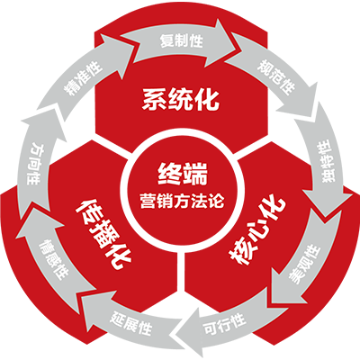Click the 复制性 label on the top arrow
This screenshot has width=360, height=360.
coord(182,40)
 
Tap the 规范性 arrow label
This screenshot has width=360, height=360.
coord(276,76)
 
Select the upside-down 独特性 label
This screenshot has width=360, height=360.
coord(326,161)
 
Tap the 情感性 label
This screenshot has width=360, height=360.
coord(53,260)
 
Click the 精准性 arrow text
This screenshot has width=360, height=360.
coord(83,78)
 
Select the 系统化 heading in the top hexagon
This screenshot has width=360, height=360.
coord(181,99)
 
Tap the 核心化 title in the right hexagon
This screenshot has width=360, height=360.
coord(257,231)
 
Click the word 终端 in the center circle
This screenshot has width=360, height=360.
coord(183,175)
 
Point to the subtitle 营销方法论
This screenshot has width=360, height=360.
coord(182,201)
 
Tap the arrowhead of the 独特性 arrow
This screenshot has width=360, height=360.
coord(327,200)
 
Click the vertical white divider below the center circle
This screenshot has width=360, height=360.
coord(181,274)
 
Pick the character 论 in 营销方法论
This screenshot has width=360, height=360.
coord(217,201)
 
